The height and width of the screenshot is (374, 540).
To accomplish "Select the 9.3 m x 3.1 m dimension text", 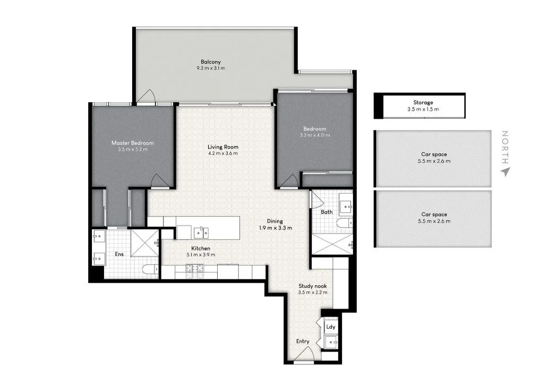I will pos(210,68).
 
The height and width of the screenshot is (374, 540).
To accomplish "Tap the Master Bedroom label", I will pos(132,143).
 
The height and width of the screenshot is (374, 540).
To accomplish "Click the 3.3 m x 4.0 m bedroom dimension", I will pos(314,135).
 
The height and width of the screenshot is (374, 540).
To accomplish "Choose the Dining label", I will pos(275,221).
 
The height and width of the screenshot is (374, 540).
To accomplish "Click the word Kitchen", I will pos(201,248).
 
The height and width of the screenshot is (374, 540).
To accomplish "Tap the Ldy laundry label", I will pos(331,327).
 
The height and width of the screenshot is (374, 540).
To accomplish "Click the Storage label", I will pos(423,102).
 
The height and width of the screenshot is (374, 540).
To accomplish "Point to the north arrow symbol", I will pos(505,171).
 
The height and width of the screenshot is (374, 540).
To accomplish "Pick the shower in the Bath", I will pos(331,244).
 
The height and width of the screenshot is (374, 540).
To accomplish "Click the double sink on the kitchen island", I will pos(201,232).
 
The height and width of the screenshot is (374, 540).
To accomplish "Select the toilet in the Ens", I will pos(150,269).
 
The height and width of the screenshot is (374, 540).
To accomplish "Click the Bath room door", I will pos(316,200).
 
